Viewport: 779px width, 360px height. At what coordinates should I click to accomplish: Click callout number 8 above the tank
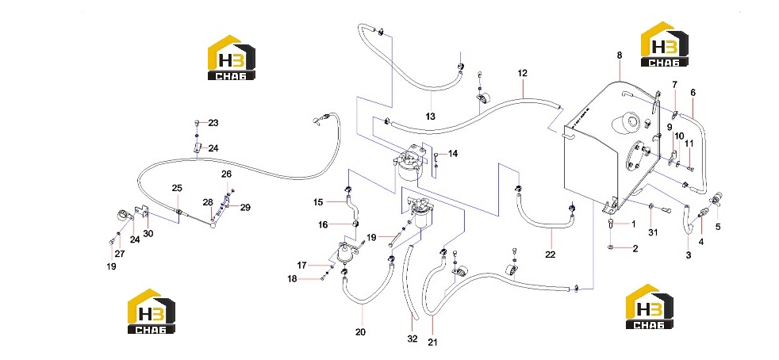[x=619, y=56]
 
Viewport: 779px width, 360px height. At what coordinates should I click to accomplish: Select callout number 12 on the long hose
[x=522, y=74]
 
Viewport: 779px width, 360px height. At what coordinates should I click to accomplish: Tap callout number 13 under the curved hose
[x=430, y=117]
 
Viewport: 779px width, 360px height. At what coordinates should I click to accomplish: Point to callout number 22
[x=550, y=255]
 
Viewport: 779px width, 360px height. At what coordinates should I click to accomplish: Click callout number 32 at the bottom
[x=413, y=340]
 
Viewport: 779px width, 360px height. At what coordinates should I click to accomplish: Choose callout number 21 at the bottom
[x=432, y=342]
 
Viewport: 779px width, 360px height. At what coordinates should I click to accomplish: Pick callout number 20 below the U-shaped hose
[x=360, y=331]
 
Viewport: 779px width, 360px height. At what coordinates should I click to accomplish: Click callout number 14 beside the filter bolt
[x=453, y=154]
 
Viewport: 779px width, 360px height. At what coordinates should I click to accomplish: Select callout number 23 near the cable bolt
[x=213, y=123]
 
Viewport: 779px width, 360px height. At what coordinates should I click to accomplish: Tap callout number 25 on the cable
[x=177, y=188]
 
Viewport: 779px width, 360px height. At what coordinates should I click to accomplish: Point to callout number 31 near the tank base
[x=653, y=232]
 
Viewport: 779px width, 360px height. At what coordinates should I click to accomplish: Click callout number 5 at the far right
[x=717, y=228]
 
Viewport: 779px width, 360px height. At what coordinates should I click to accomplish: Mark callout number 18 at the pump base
[x=292, y=279]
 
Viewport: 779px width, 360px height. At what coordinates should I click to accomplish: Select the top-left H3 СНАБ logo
[x=231, y=57]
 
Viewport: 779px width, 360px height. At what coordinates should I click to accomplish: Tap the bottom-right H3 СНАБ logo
[x=650, y=306]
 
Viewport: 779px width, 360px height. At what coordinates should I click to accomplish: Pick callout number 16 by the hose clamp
[x=324, y=225]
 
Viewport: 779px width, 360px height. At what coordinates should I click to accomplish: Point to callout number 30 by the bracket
[x=148, y=233]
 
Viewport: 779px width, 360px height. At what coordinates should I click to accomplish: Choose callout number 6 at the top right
[x=693, y=92]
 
